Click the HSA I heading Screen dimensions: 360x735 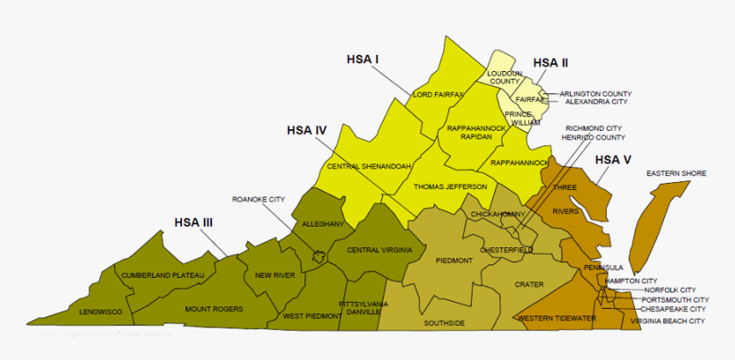(362, 59)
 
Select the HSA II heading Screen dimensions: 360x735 (550, 62)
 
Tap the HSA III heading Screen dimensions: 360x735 (193, 222)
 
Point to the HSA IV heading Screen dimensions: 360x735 (307, 131)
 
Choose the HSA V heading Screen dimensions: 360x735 (613, 160)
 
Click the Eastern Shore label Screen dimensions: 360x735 (676, 174)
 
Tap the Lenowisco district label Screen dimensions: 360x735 (101, 313)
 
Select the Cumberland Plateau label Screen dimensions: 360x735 (162, 275)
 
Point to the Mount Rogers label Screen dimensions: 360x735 (214, 309)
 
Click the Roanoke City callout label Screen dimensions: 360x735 (258, 199)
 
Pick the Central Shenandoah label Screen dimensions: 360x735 (369, 165)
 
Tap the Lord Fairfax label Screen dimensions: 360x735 (438, 94)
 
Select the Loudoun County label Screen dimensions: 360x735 (503, 78)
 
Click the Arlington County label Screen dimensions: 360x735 (596, 93)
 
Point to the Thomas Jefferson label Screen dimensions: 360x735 (450, 186)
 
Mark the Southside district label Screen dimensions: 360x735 (444, 323)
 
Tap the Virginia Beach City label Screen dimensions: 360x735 (667, 321)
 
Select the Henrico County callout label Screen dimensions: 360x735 (593, 137)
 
